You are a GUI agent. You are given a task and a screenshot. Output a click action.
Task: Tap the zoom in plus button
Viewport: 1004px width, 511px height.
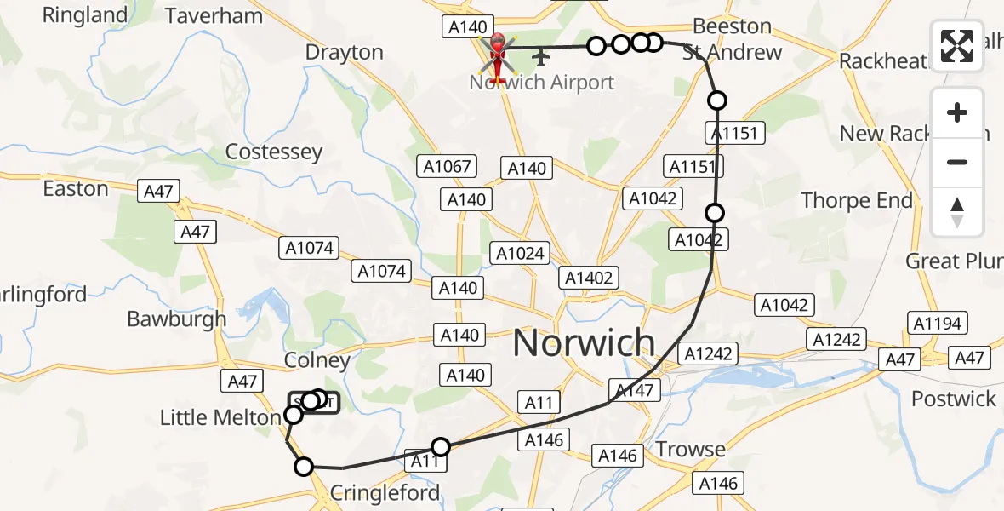pos(957,112)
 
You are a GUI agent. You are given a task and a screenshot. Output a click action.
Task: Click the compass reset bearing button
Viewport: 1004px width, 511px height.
pos(957,212)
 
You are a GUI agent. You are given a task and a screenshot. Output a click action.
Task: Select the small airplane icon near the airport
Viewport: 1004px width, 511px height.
pos(541,57)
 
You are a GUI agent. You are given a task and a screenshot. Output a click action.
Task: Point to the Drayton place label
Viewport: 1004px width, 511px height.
pos(344,52)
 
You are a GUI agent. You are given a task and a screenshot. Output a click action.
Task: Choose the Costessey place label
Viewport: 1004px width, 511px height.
pos(274,152)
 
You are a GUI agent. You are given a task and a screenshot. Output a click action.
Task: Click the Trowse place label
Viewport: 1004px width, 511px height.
pos(690,449)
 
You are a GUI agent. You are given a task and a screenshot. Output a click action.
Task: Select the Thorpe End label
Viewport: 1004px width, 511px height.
pos(856,200)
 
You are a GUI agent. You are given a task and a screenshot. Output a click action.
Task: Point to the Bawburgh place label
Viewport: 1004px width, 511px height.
pos(176,319)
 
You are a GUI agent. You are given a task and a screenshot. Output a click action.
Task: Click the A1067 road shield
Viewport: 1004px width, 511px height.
pos(447,166)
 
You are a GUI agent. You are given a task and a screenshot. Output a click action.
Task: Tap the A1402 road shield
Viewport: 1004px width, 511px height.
pos(589,277)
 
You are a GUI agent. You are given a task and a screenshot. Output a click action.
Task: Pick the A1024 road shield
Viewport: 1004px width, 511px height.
pos(521,253)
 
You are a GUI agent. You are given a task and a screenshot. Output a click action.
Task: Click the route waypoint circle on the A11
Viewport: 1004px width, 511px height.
pos(441,446)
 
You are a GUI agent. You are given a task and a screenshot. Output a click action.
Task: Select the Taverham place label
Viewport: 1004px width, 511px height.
pos(214,15)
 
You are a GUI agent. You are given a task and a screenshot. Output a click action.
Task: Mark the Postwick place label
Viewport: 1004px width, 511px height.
pos(953,399)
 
